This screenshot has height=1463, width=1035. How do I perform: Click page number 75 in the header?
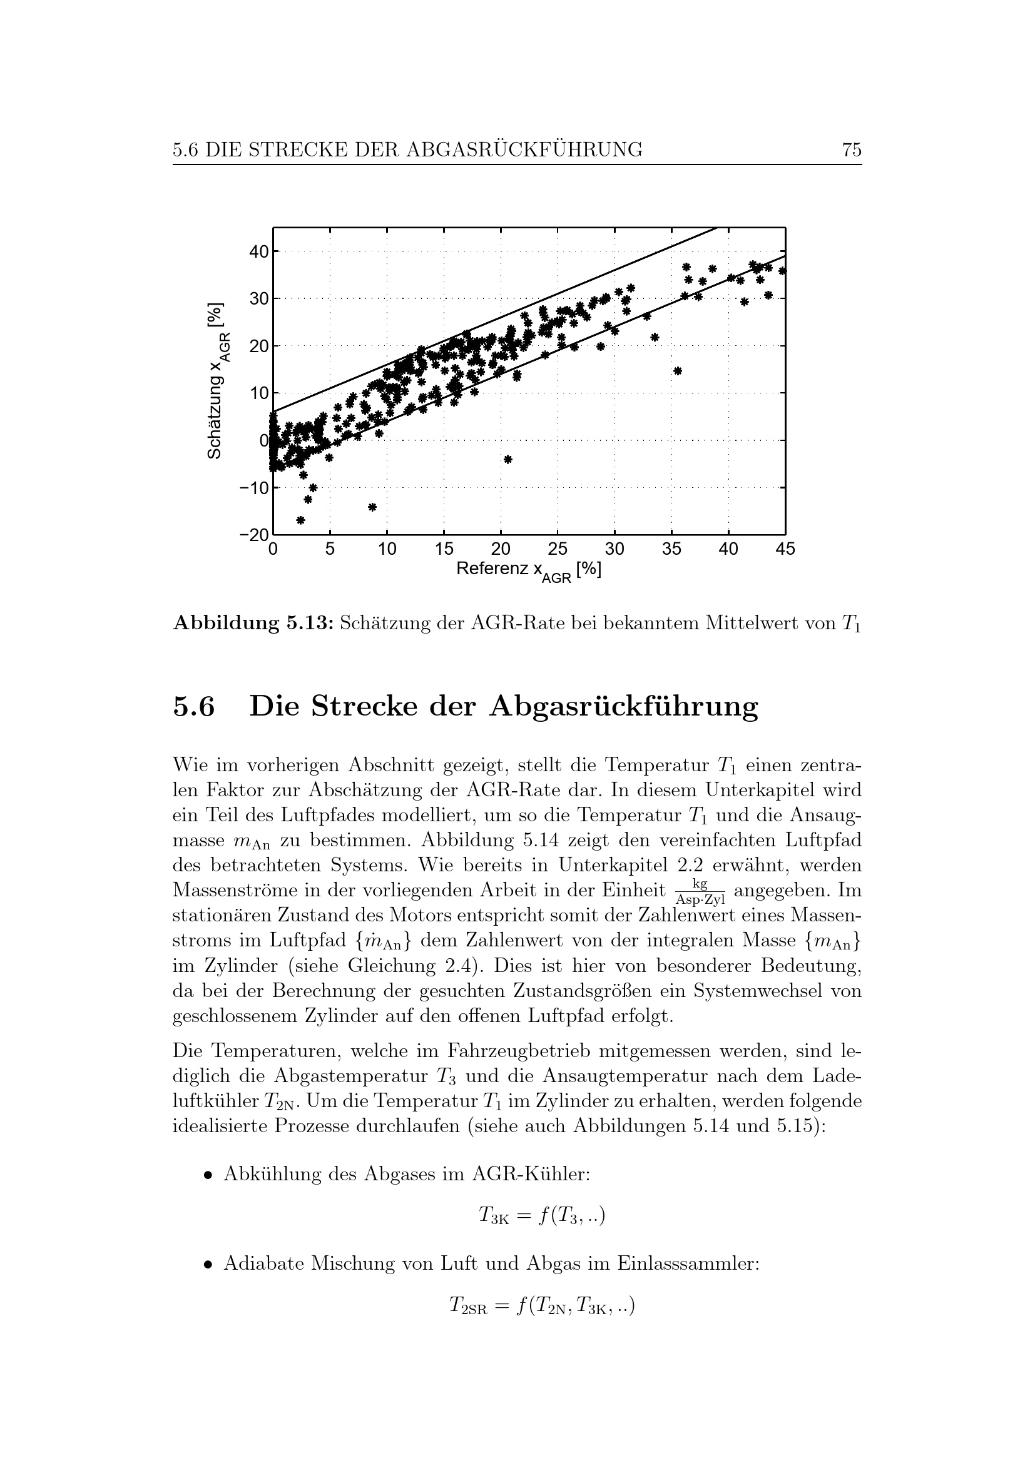pyautogui.click(x=852, y=149)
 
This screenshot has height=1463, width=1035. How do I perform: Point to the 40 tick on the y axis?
pyautogui.click(x=259, y=251)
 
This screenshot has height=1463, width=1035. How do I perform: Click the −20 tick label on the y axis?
pyautogui.click(x=254, y=535)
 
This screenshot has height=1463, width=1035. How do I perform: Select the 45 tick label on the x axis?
pyautogui.click(x=785, y=549)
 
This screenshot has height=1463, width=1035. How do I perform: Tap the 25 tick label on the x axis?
pyautogui.click(x=558, y=549)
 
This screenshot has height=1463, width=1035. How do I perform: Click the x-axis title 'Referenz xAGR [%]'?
pyautogui.click(x=528, y=571)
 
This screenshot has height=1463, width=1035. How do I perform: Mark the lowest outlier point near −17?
pyautogui.click(x=301, y=520)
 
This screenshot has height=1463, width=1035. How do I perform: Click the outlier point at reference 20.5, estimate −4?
pyautogui.click(x=508, y=458)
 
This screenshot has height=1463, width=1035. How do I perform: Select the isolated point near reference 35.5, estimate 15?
pyautogui.click(x=678, y=371)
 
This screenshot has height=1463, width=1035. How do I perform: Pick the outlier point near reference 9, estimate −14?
pyautogui.click(x=373, y=507)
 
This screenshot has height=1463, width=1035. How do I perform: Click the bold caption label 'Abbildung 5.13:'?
pyautogui.click(x=253, y=622)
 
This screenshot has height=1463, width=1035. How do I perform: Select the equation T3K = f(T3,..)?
pyautogui.click(x=542, y=1217)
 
